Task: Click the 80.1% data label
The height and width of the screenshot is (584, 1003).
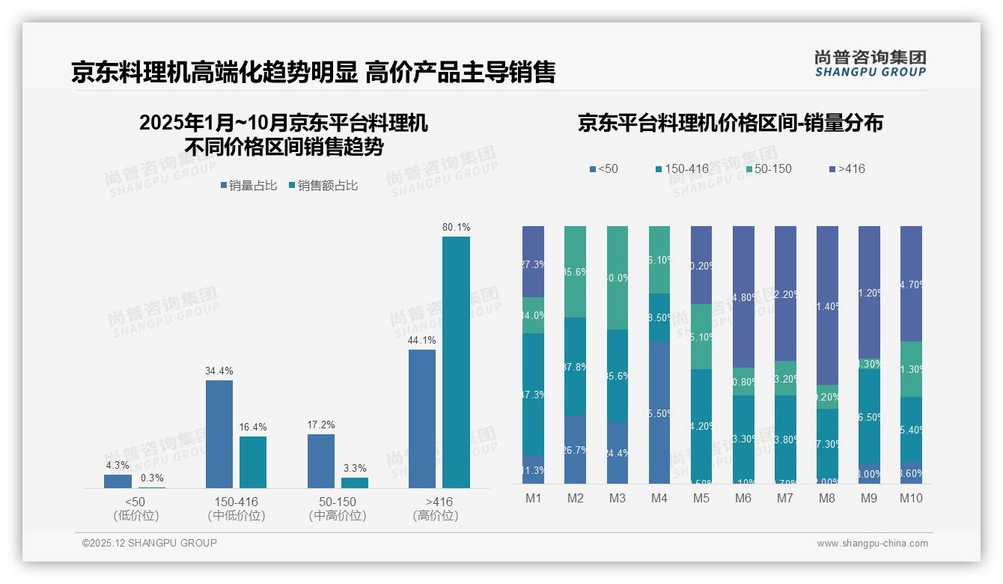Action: point(456,227)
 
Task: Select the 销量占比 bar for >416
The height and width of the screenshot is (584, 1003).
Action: point(422,419)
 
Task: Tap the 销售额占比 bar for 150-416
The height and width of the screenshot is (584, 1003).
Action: point(253,462)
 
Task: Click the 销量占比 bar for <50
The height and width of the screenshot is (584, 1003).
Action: point(118,481)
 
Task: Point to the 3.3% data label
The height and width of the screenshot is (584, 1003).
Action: point(355,468)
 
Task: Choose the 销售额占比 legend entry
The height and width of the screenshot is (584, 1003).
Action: point(323,186)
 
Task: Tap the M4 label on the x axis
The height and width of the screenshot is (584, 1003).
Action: point(659,498)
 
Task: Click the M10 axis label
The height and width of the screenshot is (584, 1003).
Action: point(911,498)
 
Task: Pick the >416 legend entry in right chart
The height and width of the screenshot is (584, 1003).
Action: point(847,168)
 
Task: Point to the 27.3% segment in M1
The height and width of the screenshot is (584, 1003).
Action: point(534,261)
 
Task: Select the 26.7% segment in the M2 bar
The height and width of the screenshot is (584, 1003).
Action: point(575,449)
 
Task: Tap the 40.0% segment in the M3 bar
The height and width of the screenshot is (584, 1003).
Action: point(618,278)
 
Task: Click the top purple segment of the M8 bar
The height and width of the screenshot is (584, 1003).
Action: point(827,305)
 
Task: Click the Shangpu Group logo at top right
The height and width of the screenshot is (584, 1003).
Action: point(870,63)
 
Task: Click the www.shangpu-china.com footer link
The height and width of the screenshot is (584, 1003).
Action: point(872,544)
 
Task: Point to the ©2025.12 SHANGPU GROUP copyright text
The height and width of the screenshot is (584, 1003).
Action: point(150,543)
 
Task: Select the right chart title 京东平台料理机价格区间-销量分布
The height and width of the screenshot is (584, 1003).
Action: point(730,123)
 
